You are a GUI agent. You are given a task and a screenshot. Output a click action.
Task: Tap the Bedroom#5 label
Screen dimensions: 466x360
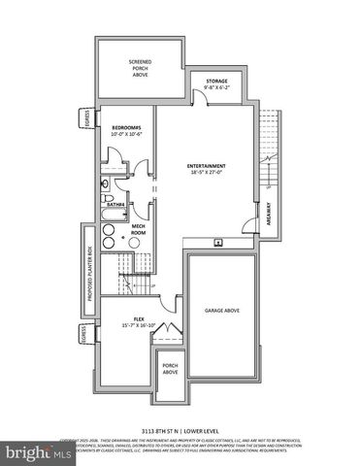pos(126,130)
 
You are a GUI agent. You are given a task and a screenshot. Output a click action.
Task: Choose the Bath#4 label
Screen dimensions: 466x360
pos(114,205)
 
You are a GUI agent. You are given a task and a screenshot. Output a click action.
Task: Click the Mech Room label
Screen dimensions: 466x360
pos(138,231)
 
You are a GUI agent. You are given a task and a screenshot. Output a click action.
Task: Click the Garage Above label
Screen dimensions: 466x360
pos(222,311)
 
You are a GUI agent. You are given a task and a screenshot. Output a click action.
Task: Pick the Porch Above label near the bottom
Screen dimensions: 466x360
pos(170,369)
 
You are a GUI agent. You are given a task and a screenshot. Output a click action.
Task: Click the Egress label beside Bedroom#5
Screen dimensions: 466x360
pos(85,119)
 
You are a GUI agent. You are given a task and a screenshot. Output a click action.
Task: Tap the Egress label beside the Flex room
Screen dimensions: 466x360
pos(85,335)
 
